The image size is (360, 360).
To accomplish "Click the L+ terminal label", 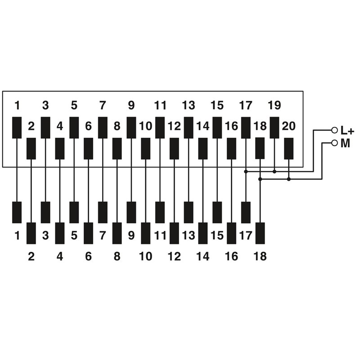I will [347, 131].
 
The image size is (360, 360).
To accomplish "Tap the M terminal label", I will [345, 144].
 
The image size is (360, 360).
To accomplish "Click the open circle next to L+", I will [334, 130].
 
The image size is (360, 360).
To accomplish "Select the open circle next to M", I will [334, 143].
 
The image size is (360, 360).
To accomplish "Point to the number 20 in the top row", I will [288, 126].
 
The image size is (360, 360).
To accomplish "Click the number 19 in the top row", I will [274, 106].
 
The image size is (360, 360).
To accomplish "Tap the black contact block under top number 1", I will [17, 128].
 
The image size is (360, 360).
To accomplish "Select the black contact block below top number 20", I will [288, 148].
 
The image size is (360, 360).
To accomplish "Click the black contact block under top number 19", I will [274, 128].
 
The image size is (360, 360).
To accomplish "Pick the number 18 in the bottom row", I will [260, 256].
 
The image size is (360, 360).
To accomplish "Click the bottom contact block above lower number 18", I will [260, 233].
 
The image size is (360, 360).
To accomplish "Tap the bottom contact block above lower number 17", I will [246, 212].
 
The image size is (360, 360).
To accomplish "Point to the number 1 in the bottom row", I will [17, 235].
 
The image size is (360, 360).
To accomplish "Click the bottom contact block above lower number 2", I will [31, 233].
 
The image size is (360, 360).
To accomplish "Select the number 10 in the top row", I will [146, 126].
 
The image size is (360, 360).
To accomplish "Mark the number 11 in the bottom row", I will [160, 235].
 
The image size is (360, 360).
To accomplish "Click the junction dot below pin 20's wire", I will [288, 179].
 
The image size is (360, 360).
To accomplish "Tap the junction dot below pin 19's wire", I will [274, 171].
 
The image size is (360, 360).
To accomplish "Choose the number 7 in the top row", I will [103, 106].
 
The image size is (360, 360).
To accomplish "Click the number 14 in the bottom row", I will [203, 256].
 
